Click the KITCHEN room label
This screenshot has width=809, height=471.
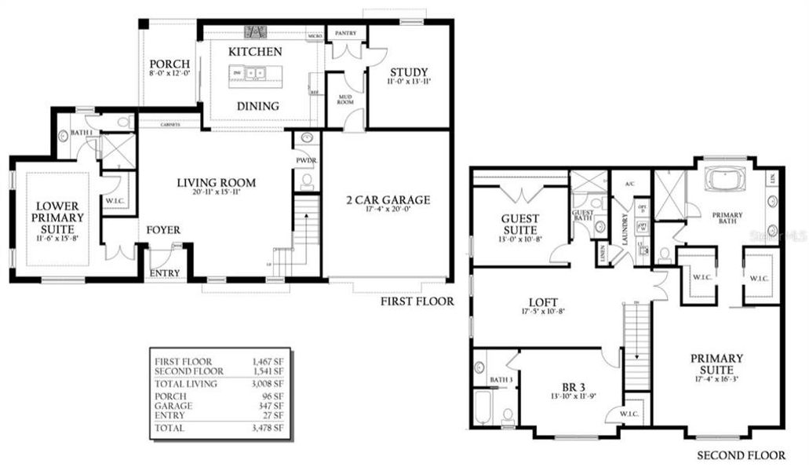coord(255,52)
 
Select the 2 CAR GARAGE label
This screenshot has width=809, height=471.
coord(388,200)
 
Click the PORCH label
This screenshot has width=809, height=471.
coord(168,64)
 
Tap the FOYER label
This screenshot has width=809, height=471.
coord(163,230)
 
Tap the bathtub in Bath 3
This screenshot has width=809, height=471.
coord(483,407)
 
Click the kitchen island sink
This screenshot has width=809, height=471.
coord(255,74)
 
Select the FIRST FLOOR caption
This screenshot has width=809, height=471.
coord(417,301)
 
